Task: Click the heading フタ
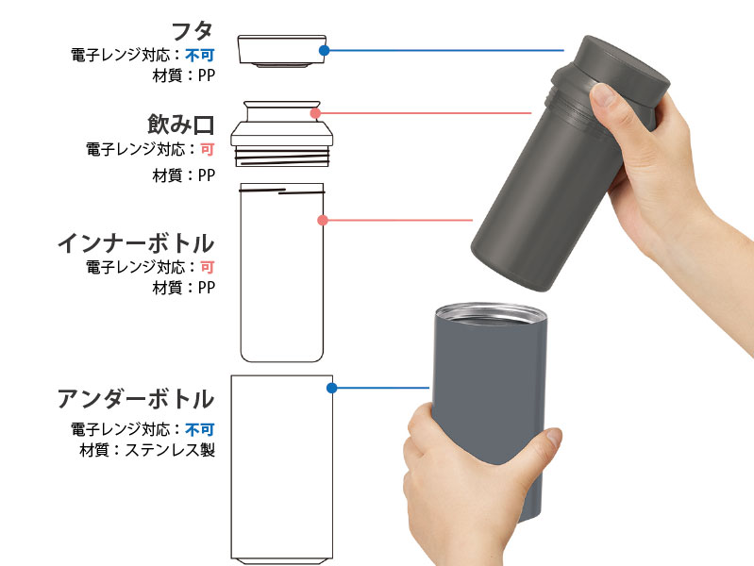[x=193, y=31]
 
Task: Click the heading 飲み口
[x=181, y=125]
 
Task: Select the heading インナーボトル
[x=136, y=243]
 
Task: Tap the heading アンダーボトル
[x=136, y=399]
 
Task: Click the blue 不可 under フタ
[x=199, y=56]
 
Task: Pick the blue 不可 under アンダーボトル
[x=199, y=429]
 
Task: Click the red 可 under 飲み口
[x=208, y=150]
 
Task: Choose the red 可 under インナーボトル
[x=208, y=267]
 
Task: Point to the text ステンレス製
[x=170, y=450]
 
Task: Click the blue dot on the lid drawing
[x=324, y=50]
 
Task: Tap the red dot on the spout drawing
[x=315, y=113]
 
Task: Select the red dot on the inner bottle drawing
[x=323, y=220]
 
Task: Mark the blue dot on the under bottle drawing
[x=331, y=388]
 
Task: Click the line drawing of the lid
[x=282, y=51]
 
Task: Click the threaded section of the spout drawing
[x=282, y=156]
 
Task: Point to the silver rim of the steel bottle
[x=491, y=312]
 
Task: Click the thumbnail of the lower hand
[x=554, y=437]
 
